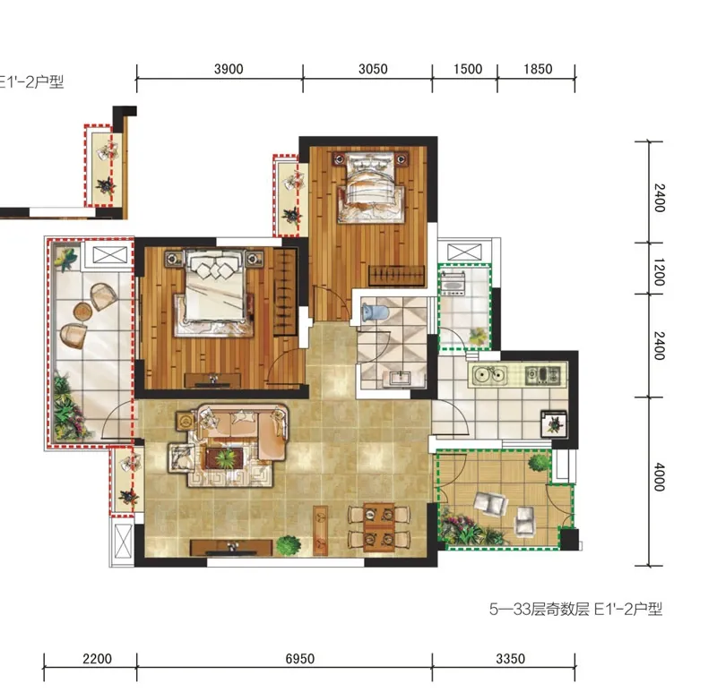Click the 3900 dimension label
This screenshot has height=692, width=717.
point(229,69)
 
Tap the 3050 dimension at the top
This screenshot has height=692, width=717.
point(373,69)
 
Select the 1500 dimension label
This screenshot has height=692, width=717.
point(468,69)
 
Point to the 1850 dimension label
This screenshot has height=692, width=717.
point(538,69)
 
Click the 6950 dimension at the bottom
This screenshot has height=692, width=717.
point(300,659)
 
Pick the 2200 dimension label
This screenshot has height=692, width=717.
point(97,659)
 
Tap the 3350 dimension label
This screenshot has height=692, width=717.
point(510,659)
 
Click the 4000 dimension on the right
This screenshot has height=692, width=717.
point(659,477)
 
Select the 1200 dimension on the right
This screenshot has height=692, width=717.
point(659,272)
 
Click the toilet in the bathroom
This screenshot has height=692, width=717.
point(375,312)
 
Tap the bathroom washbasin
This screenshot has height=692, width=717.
point(400,379)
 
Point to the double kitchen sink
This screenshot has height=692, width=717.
point(489,374)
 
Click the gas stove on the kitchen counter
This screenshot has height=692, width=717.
point(542,374)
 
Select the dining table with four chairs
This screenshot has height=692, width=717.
point(379,525)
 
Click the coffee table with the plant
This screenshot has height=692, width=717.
point(225,458)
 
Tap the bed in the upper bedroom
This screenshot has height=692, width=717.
point(370,187)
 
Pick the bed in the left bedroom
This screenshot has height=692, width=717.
point(213,293)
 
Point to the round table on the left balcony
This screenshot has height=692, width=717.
point(82,312)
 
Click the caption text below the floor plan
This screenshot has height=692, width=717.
point(575,609)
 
